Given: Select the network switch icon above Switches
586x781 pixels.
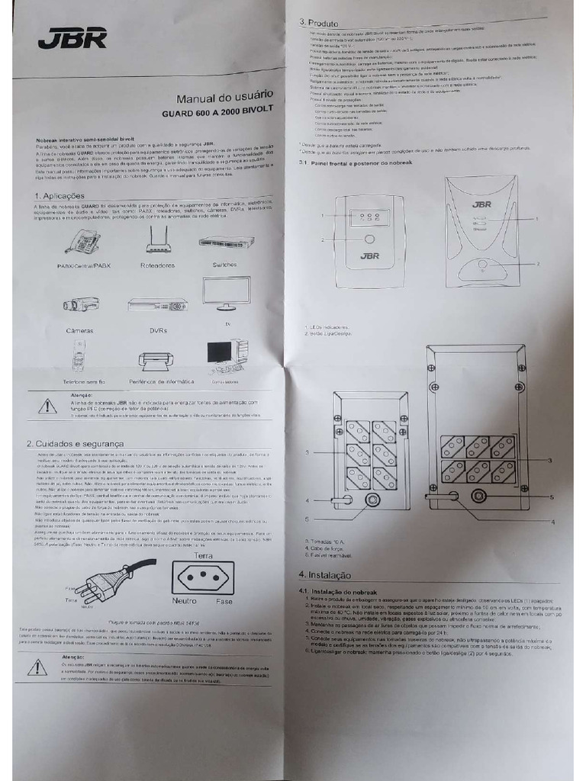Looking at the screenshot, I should [226, 242].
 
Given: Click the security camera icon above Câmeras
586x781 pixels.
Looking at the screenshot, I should [80, 304].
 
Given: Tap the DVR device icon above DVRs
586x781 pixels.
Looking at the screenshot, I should [156, 304].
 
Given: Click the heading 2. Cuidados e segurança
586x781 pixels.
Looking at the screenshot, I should [75, 444].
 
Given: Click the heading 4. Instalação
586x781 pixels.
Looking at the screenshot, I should [325, 575].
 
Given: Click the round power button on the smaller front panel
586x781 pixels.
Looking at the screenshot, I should [370, 239].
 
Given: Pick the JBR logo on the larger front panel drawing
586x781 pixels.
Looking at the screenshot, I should [481, 204].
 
